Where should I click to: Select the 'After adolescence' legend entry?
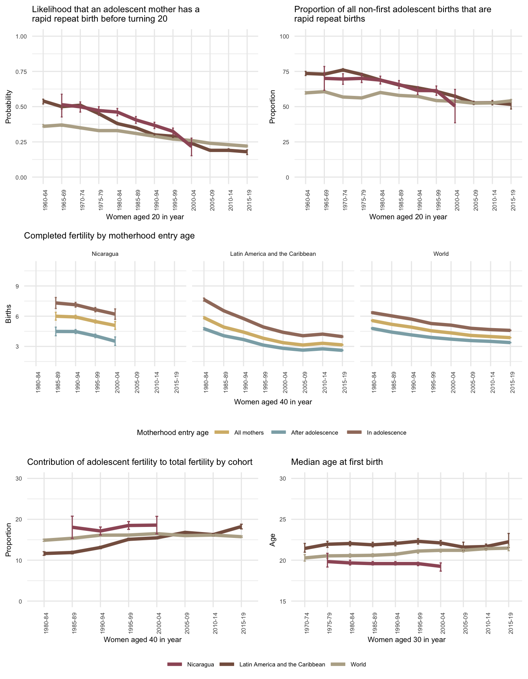click(x=314, y=433)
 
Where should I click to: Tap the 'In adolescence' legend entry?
click(x=386, y=433)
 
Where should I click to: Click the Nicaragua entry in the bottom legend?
click(x=200, y=664)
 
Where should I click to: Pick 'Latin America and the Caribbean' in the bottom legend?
click(x=282, y=664)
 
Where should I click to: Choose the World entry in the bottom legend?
click(x=358, y=664)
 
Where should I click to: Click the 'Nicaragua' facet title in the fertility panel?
click(x=105, y=254)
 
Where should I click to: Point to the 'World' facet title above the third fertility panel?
click(x=441, y=254)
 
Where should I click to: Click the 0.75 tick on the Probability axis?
click(x=21, y=72)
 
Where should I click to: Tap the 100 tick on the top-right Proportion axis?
click(x=284, y=37)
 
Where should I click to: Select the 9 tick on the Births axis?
click(x=18, y=286)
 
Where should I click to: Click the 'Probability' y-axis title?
click(x=9, y=107)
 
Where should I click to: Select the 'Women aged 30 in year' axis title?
click(x=407, y=639)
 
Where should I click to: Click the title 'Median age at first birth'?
click(x=337, y=462)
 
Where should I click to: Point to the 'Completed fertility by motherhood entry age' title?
click(x=110, y=236)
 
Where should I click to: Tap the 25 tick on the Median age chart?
click(x=283, y=519)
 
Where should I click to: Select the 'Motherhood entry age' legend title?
click(x=173, y=433)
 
